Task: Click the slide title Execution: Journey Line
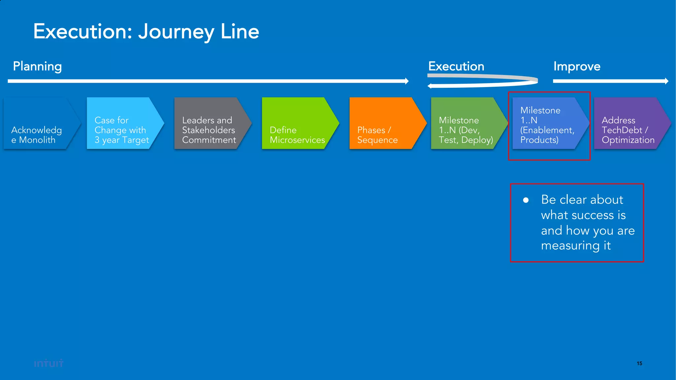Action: click(x=146, y=32)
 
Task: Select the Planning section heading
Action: click(x=37, y=66)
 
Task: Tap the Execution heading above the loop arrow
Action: click(x=456, y=66)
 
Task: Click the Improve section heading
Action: click(x=577, y=66)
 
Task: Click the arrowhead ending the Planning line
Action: click(x=407, y=81)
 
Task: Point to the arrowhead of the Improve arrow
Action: click(x=667, y=81)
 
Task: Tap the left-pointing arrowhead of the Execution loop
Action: click(x=429, y=86)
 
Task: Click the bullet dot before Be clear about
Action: click(x=526, y=200)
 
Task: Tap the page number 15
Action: click(x=639, y=363)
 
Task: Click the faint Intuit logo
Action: click(x=49, y=363)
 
